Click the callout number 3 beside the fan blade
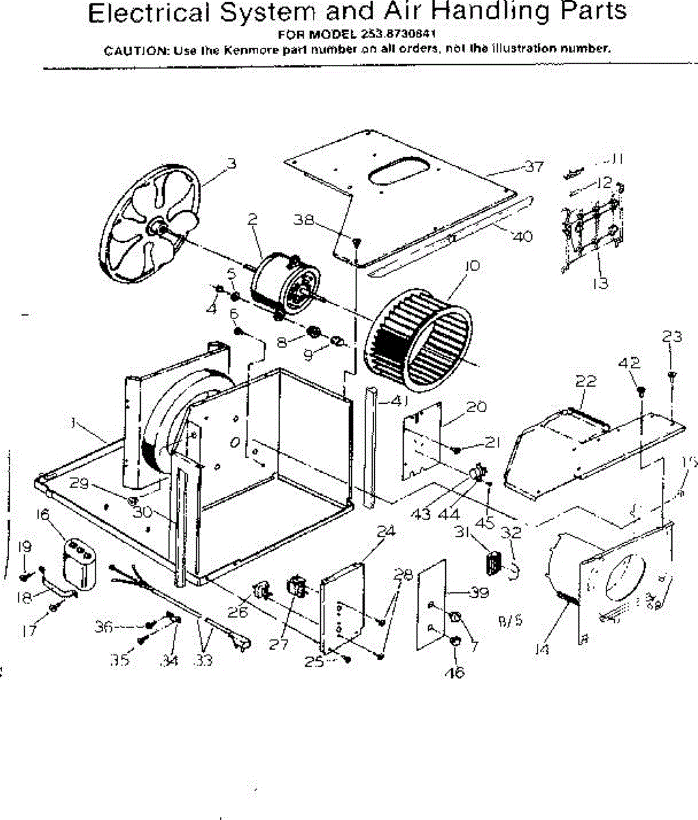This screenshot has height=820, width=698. pos(232,163)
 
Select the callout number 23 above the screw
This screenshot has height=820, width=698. pos(672,336)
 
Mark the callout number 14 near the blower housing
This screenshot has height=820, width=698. pos(542,649)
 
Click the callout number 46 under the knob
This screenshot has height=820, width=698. pos(454,672)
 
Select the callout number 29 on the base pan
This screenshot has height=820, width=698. pos(80,483)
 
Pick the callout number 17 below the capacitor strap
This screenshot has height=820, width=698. pos(29,631)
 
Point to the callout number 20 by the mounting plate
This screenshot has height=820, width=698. pos(476,407)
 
